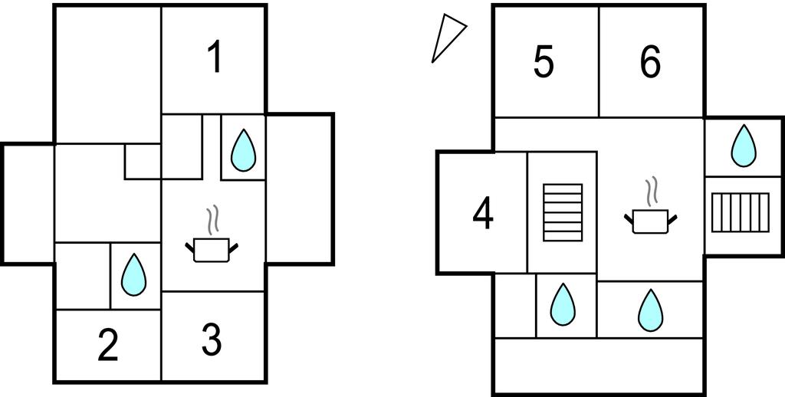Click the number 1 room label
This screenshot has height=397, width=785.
tap(215, 57)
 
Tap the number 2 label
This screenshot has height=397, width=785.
tap(108, 346)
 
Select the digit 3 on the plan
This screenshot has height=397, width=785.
tap(212, 340)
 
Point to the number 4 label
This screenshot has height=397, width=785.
tap(483, 214)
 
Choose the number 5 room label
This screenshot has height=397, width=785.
tap(544, 62)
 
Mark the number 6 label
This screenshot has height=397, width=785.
tap(650, 62)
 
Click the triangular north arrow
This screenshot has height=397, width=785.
tap(447, 40)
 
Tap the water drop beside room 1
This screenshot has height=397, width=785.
tap(243, 149)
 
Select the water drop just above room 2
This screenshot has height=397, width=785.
tap(135, 274)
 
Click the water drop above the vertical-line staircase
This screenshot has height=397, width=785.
tap(742, 146)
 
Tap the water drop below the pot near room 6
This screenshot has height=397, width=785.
tap(650, 310)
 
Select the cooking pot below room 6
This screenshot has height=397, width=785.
tap(651, 221)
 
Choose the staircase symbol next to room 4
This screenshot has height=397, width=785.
tap(563, 212)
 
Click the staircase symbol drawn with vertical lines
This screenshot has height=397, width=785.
tap(740, 212)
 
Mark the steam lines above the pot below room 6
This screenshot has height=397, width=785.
tap(652, 192)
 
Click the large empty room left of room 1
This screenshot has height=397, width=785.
tap(107, 73)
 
